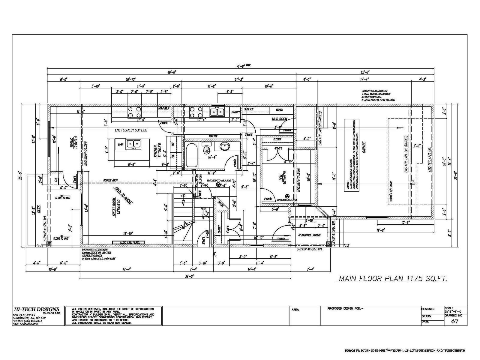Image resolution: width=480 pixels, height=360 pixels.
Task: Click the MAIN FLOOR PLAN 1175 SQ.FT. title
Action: pyautogui.click(x=393, y=279)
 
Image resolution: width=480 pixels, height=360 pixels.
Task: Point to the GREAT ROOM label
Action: pyautogui.click(x=114, y=207)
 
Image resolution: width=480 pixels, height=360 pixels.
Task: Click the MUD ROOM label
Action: pyautogui.click(x=279, y=119)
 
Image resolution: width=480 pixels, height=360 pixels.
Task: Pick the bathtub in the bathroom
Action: pyautogui.click(x=191, y=155)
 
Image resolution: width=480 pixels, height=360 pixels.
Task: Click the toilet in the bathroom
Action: pyautogui.click(x=207, y=150)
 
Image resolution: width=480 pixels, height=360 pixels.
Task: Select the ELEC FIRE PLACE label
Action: pyautogui.click(x=128, y=242)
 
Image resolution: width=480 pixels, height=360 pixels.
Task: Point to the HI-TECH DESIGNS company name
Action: pyautogui.click(x=37, y=309)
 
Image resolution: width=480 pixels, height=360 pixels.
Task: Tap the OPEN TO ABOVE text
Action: pyautogui.click(x=122, y=196)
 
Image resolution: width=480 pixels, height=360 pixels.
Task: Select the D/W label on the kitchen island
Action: pyautogui.click(x=120, y=145)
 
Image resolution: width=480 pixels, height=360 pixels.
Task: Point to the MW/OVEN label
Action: pyautogui.click(x=164, y=108)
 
